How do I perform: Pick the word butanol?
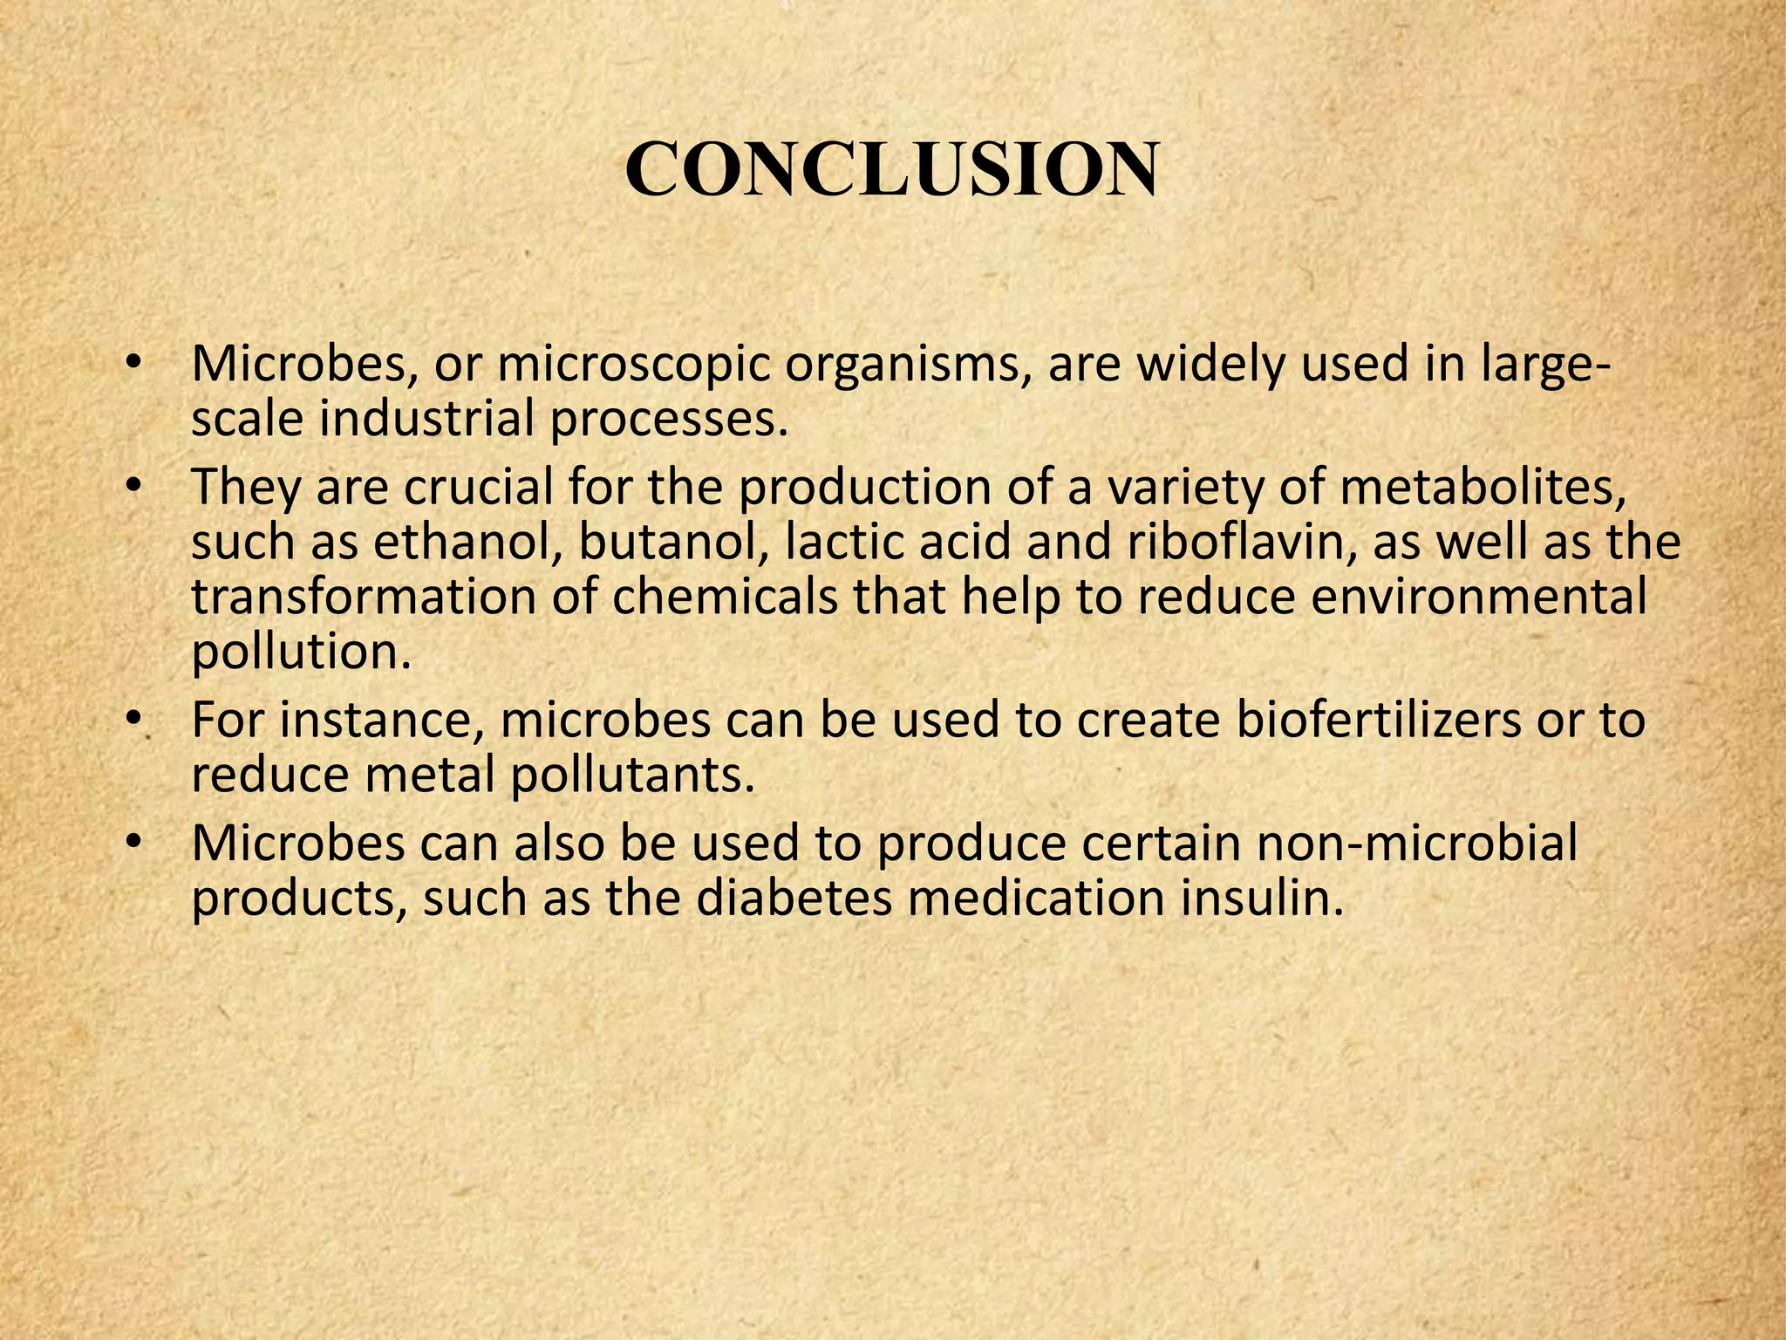(674, 542)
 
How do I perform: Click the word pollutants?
(631, 776)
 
